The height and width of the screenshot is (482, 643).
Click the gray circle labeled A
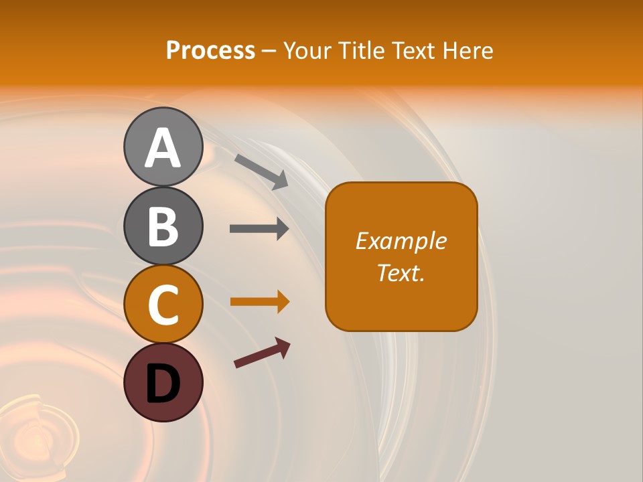[163, 147]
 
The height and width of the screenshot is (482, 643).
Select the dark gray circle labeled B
[163, 226]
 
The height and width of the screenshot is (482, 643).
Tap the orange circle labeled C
[163, 305]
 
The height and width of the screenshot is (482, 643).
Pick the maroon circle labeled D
[163, 383]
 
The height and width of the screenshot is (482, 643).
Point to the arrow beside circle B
[259, 228]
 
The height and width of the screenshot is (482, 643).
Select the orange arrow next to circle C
[259, 302]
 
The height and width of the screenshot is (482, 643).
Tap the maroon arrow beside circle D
[261, 353]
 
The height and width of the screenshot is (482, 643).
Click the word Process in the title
[210, 50]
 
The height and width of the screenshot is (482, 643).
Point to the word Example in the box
[401, 241]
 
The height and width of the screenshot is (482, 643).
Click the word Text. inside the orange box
[401, 272]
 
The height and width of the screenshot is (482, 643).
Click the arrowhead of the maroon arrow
[283, 347]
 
